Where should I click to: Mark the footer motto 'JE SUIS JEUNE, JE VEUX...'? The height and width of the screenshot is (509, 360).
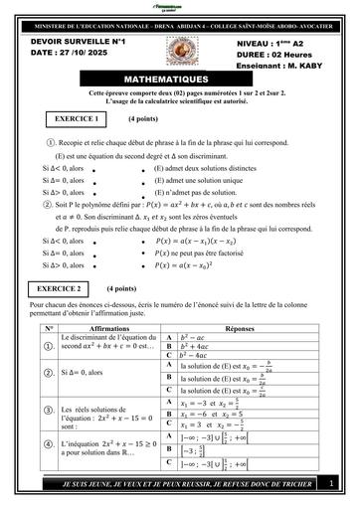coord(165,482)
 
